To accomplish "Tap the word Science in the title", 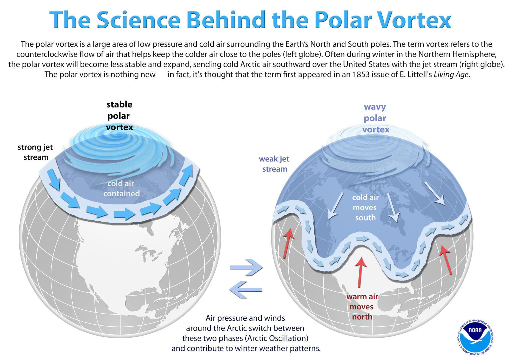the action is click(x=138, y=20).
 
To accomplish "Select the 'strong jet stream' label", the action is click(x=35, y=152).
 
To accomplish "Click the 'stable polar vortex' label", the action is click(x=119, y=116).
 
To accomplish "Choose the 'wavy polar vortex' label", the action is click(x=375, y=118).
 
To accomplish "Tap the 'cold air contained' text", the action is click(x=121, y=188).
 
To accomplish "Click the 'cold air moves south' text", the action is click(x=365, y=207).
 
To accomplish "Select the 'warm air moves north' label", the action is click(x=362, y=307).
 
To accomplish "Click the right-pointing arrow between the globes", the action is click(x=246, y=267).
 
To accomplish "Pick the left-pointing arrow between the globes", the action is click(x=245, y=289).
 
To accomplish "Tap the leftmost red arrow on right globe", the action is click(x=288, y=243).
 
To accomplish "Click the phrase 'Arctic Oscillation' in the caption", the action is click(x=277, y=338).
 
